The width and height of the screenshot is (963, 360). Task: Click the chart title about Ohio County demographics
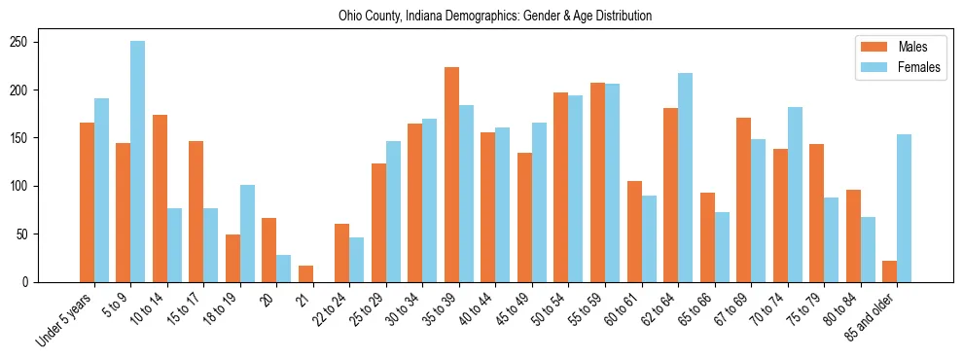click(x=495, y=17)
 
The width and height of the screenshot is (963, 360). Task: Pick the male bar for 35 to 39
click(x=451, y=175)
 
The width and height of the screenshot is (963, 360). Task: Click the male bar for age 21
click(x=305, y=273)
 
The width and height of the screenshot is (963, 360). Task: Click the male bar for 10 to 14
click(x=160, y=198)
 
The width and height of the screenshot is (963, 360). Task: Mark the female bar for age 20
click(x=283, y=269)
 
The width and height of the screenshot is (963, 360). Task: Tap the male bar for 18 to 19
click(x=232, y=258)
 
